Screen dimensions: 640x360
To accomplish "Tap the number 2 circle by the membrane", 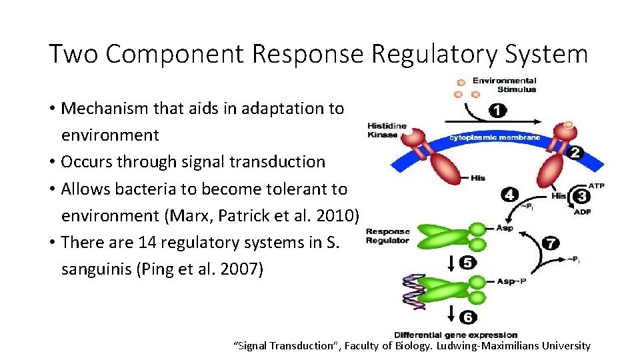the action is (574, 153).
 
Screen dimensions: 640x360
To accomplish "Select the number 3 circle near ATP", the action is (581, 195).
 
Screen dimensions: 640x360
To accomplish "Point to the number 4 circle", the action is (510, 195).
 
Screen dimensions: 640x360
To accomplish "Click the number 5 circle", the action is (469, 263).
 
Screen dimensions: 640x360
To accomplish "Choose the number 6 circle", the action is (469, 316).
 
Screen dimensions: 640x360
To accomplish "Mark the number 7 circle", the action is (551, 243).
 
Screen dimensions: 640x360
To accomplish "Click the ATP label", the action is (597, 185).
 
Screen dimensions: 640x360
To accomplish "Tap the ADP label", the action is (583, 213).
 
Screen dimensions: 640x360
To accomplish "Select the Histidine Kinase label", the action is (387, 131).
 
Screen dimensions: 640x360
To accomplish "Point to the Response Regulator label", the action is (387, 236).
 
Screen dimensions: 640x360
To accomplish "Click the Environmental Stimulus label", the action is (505, 85).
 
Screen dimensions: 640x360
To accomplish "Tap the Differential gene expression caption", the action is (456, 335).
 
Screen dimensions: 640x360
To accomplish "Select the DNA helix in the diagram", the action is (413, 291).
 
